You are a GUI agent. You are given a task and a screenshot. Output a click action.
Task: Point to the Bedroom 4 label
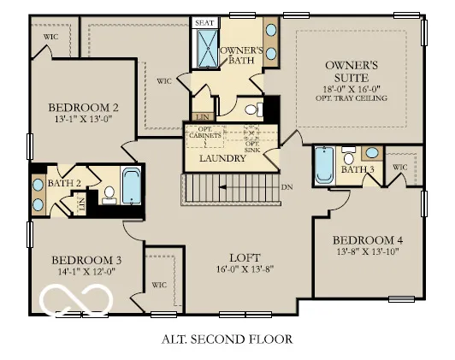click(367, 239)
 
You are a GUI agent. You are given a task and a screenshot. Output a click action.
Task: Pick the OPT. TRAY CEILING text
click(350, 98)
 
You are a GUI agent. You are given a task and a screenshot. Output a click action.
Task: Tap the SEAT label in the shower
click(204, 23)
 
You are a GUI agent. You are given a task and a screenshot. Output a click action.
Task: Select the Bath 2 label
click(64, 183)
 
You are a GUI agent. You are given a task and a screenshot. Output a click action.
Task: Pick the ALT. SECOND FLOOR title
click(227, 339)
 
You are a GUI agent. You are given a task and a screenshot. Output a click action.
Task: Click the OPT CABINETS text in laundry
click(205, 134)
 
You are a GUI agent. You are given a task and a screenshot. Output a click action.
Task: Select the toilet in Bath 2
click(109, 196)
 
